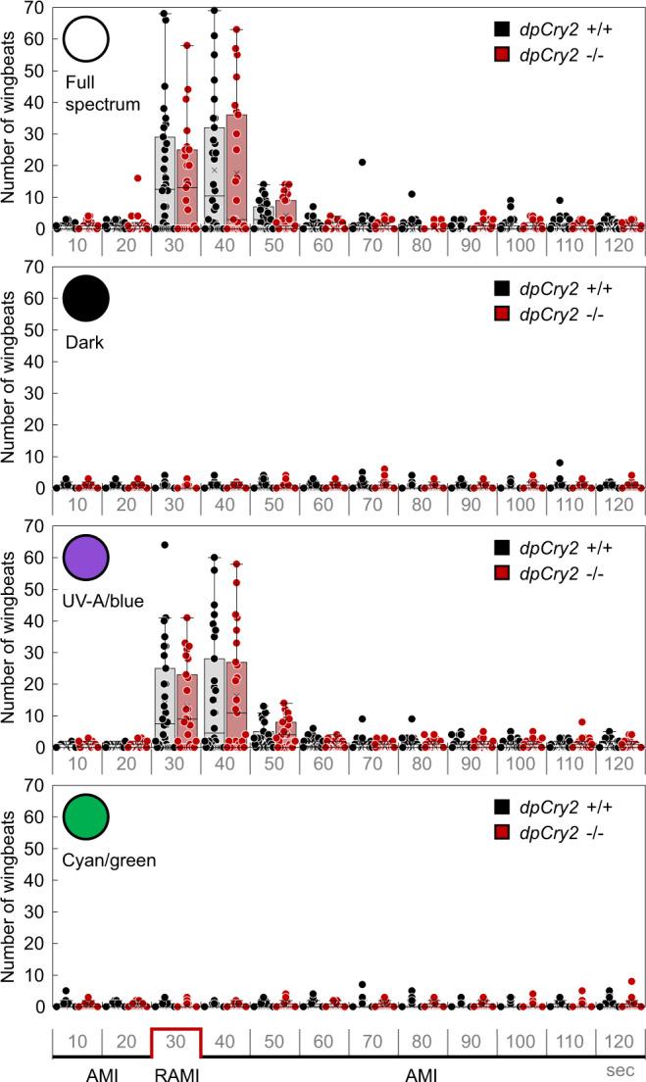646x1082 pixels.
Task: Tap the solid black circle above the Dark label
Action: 85,298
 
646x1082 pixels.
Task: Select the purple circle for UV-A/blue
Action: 85,557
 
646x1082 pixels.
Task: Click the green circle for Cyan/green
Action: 85,815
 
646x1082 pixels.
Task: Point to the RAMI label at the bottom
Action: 176,1073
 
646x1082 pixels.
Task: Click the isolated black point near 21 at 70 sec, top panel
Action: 363,163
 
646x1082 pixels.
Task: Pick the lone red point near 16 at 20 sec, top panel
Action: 138,178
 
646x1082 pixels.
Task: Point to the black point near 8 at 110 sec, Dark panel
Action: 558,463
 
